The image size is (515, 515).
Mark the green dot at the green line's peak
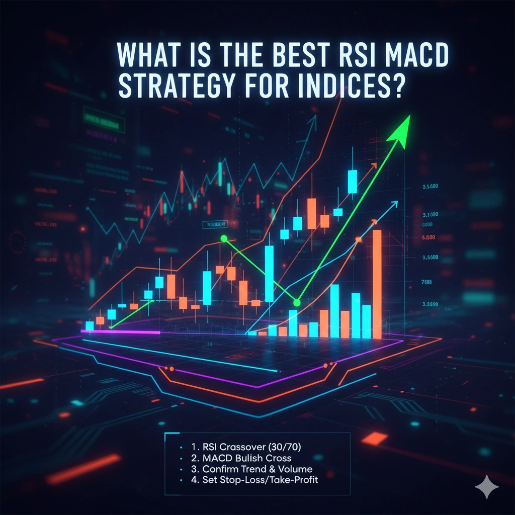[x=224, y=238]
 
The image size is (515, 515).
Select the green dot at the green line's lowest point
[x=297, y=302]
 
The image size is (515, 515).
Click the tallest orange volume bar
[x=377, y=284]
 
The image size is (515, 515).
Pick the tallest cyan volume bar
[x=334, y=311]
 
